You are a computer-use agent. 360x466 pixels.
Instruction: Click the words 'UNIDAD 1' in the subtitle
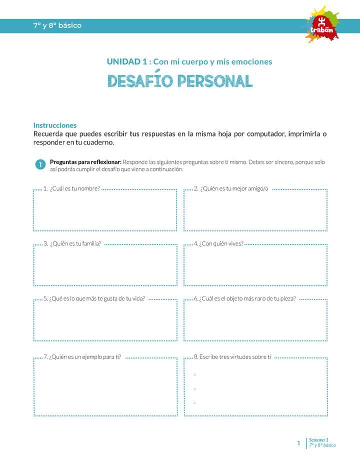pos(126,61)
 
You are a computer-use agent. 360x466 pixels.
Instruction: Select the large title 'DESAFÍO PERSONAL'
pos(180,81)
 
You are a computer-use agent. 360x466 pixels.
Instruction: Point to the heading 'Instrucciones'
pos(55,125)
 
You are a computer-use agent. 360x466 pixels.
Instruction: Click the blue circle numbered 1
pos(40,165)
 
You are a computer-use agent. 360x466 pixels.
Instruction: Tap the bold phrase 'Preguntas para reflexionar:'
pos(85,162)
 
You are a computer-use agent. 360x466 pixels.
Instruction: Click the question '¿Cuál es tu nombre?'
pos(74,188)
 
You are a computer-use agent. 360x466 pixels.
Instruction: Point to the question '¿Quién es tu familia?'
pos(75,243)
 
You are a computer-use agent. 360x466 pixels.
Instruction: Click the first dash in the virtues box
pos(194,374)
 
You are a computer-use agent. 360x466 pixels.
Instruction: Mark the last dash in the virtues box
pos(194,402)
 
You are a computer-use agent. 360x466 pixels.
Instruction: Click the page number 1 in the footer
pos(298,443)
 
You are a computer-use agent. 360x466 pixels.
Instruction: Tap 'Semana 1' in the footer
pos(318,439)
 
